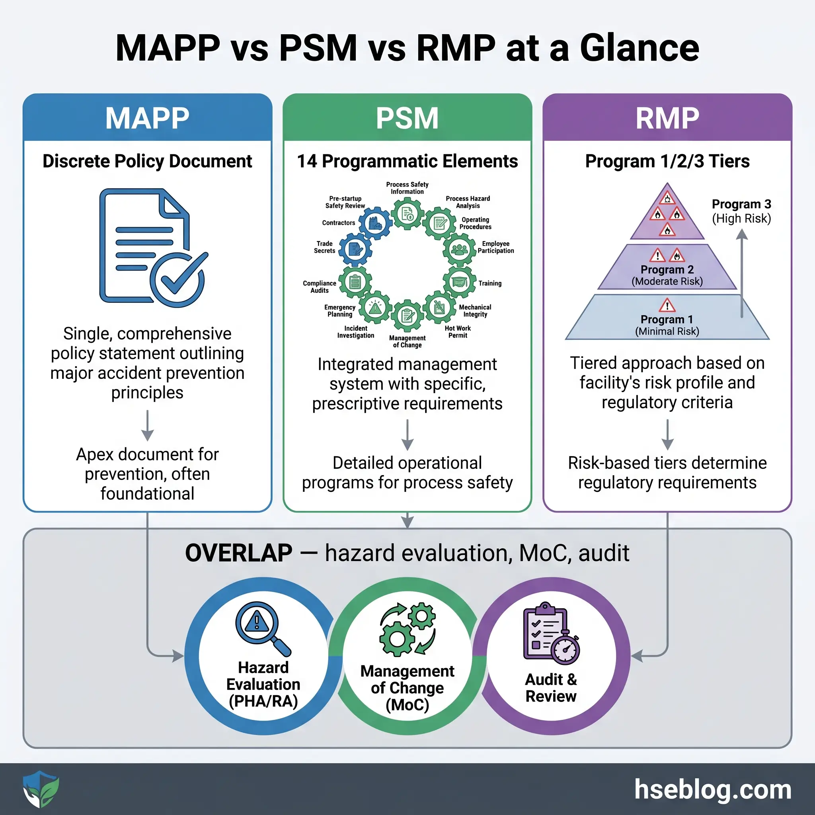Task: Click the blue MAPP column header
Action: [x=147, y=118]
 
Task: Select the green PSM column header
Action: [x=407, y=118]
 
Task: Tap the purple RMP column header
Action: [x=667, y=118]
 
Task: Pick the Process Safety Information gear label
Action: [x=407, y=188]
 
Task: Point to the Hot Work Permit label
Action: [x=458, y=331]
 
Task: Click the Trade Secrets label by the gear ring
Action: [x=324, y=247]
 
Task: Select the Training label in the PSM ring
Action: [x=490, y=283]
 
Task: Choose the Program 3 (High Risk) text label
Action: [x=741, y=211]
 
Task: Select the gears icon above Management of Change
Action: [x=407, y=628]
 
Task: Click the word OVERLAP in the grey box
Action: [x=239, y=553]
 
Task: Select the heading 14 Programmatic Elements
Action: [x=407, y=161]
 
